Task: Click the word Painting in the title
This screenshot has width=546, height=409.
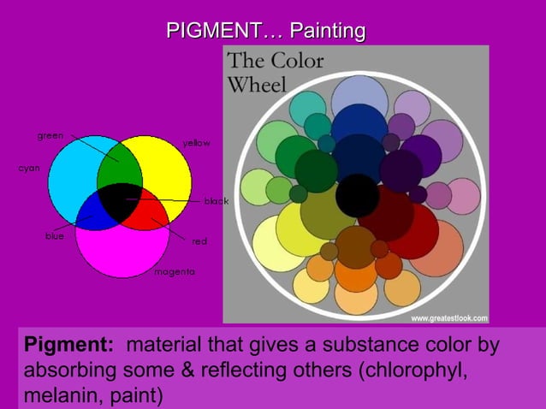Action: (327, 32)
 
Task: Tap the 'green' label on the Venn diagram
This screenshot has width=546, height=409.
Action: (50, 136)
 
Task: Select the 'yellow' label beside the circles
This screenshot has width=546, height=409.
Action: (196, 143)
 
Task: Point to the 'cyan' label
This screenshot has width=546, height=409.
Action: (30, 168)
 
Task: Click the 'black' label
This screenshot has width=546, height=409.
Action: (216, 201)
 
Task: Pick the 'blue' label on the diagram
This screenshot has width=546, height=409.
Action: (55, 235)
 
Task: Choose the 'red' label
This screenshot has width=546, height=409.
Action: (199, 241)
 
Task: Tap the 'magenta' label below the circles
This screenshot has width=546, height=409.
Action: (175, 271)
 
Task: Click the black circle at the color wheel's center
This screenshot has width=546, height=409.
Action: (357, 195)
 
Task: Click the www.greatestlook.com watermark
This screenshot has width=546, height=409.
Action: (449, 318)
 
